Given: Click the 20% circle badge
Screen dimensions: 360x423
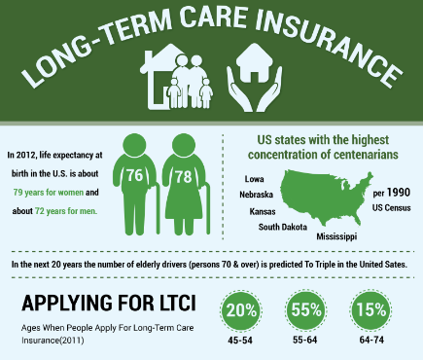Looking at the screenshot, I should tap(241, 311).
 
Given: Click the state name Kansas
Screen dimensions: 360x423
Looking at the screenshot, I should tap(263, 210).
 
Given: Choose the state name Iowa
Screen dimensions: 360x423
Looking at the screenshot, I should tap(255, 180).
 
